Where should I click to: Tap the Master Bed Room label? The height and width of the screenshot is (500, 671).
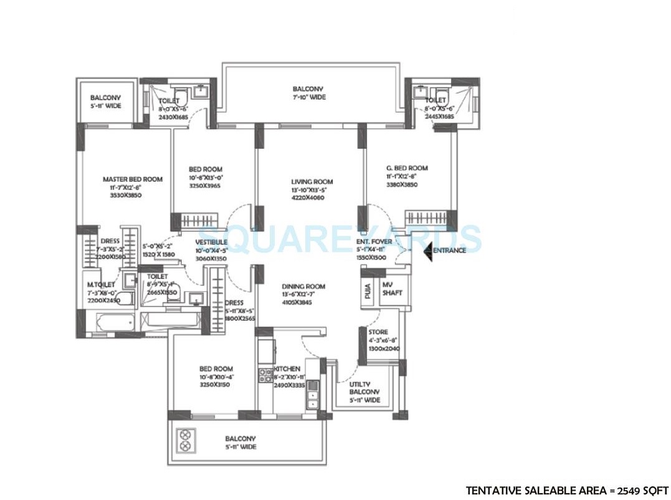click(132, 179)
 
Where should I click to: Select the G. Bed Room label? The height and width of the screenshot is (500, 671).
click(407, 168)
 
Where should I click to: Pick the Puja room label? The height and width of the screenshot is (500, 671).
click(368, 291)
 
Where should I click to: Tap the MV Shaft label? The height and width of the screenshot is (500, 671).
click(392, 289)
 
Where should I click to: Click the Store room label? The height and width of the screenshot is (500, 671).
click(378, 333)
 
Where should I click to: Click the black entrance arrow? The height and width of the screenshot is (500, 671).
click(427, 251)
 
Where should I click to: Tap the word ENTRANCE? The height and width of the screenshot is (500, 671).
click(449, 251)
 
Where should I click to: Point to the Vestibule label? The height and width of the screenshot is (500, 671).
click(211, 242)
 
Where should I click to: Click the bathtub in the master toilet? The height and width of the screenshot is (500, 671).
click(115, 323)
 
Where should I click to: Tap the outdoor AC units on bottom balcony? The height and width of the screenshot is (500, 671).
click(186, 441)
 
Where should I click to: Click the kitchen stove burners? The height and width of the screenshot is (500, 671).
click(264, 375)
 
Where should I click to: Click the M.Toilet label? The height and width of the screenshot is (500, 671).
click(100, 285)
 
